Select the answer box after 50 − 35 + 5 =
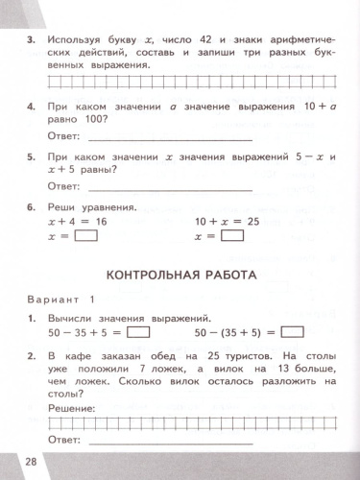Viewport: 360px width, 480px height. [138, 332]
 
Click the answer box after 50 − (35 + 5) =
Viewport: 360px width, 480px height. [294, 332]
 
